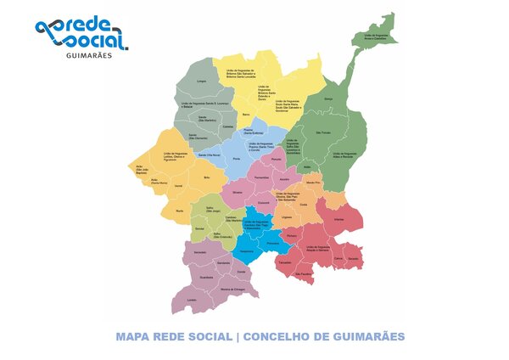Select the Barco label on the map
246,114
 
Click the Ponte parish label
237,159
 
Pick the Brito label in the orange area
206,177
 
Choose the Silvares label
238,193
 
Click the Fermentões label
262,176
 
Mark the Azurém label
285,179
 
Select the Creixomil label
263,201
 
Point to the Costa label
304,204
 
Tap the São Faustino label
304,274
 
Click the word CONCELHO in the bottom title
282,337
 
